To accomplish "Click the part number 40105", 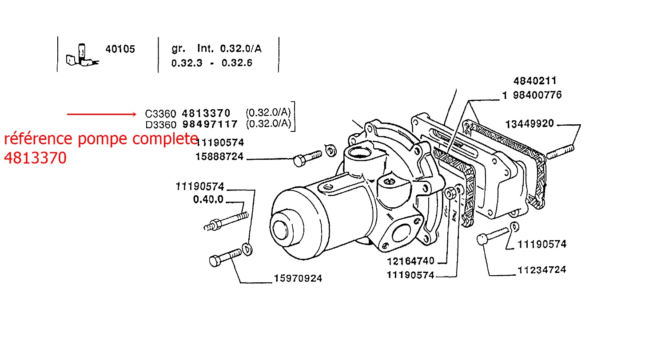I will pos(120,49).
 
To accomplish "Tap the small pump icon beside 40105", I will pos(82,56).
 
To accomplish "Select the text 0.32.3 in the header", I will pos(187,63).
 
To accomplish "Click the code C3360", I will pos(160,113).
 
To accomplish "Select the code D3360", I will pos(160,124).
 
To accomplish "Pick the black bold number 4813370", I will pos(206,113).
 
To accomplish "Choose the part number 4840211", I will pos(535,81).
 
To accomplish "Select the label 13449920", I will pos(530,124).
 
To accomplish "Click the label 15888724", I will pos(219,157).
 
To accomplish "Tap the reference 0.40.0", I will pos(208,200).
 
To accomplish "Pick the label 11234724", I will pos(542,269).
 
